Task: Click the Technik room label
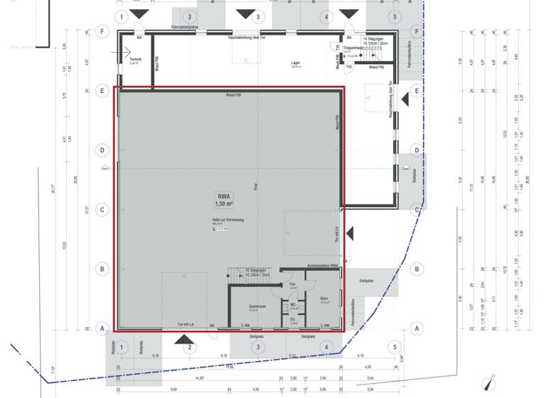pyautogui.click(x=135, y=60)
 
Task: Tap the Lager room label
pyautogui.click(x=295, y=64)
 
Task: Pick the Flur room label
pyautogui.click(x=292, y=284)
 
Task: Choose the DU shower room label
pyautogui.click(x=292, y=320)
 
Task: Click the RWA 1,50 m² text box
pyautogui.click(x=225, y=200)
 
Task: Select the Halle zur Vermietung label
pyautogui.click(x=227, y=220)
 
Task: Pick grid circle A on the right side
pyautogui.click(x=417, y=328)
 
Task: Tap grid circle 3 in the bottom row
pyautogui.click(x=258, y=347)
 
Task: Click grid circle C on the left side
pyautogui.click(x=102, y=210)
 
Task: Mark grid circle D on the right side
pyautogui.click(x=417, y=150)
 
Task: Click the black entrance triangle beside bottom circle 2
pyautogui.click(x=183, y=340)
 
